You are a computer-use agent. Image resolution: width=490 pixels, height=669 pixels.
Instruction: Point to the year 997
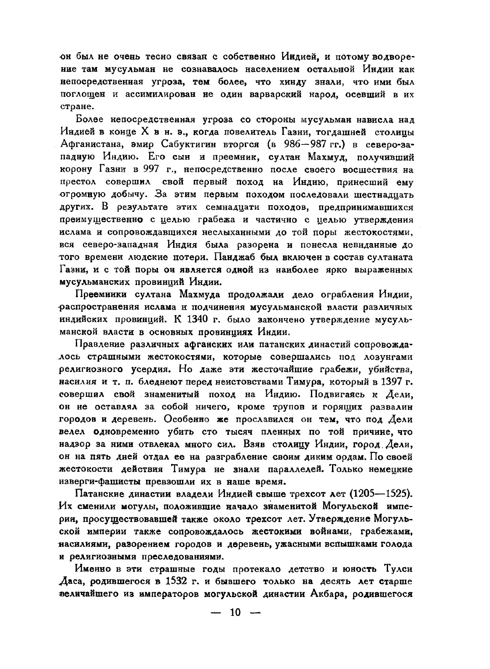(x=151, y=169)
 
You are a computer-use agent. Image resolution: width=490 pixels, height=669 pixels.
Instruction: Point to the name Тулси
(x=394, y=569)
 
